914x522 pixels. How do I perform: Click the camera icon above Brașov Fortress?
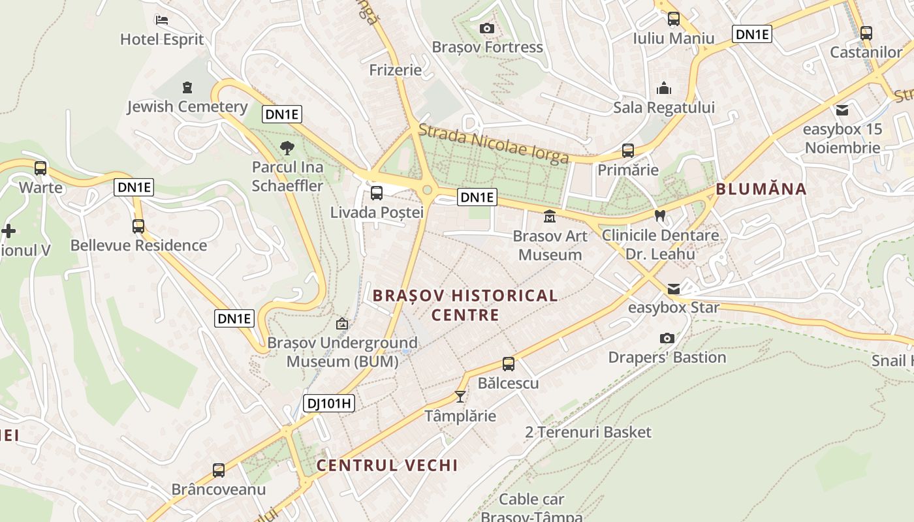pos(486,28)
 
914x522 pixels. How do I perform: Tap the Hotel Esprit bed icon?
pos(162,20)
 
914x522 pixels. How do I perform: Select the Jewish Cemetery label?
pos(187,106)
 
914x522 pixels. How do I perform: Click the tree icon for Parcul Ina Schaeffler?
pos(287,148)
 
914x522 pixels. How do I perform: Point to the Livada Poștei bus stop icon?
pos(377,193)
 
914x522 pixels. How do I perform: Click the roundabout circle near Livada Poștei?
pos(428,190)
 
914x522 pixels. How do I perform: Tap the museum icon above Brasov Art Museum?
pos(550,216)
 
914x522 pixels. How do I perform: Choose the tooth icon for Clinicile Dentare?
pos(660,215)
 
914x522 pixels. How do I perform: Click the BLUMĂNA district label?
pos(761,189)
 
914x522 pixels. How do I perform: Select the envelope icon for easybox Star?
pos(674,288)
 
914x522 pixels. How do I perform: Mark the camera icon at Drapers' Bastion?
pos(667,338)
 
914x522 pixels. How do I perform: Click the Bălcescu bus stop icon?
pos(509,364)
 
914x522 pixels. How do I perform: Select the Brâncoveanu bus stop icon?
pos(219,470)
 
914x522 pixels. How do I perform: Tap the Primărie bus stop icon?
pos(628,151)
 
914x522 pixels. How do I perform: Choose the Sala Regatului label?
pos(664,108)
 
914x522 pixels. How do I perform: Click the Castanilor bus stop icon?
pos(866,33)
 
